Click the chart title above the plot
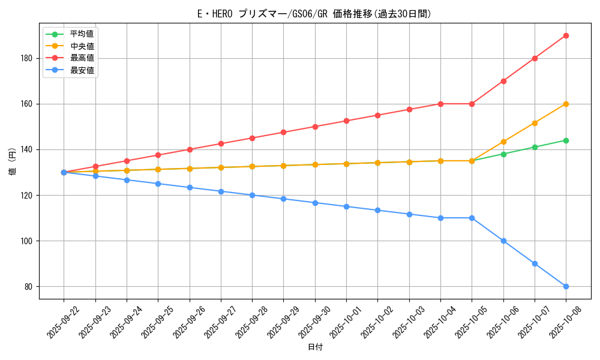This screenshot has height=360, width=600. tap(314, 14)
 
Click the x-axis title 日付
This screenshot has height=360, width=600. tap(315, 347)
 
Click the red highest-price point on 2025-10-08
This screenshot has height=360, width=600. tap(566, 35)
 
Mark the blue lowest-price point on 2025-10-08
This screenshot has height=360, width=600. tap(566, 286)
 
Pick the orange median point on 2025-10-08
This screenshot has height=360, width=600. tap(566, 104)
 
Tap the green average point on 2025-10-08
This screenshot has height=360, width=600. tap(566, 140)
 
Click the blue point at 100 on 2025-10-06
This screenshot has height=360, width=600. tap(503, 241)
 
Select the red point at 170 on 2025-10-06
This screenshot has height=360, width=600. tap(503, 81)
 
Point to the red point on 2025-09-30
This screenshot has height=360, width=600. tap(315, 127)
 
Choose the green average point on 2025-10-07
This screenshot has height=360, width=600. tap(535, 147)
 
